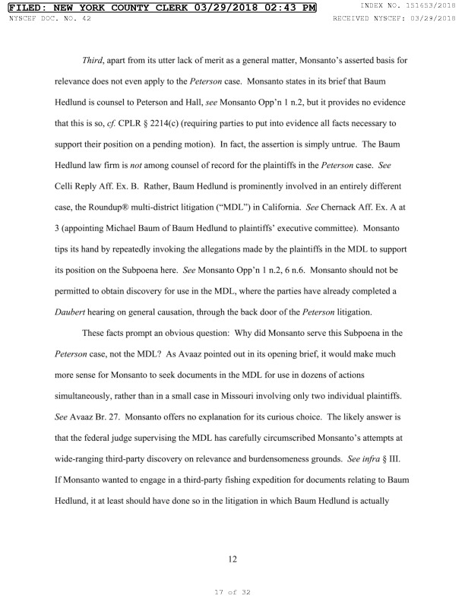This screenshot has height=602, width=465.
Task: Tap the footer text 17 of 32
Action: pyautogui.click(x=232, y=588)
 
